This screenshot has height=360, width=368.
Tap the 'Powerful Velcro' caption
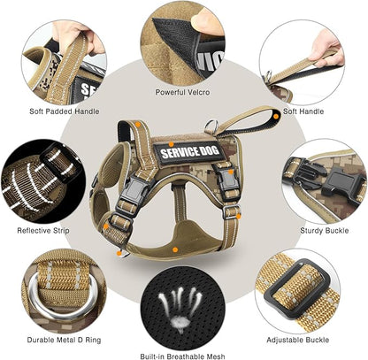coord(181,91)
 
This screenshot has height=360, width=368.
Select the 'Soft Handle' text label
coord(302,111)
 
